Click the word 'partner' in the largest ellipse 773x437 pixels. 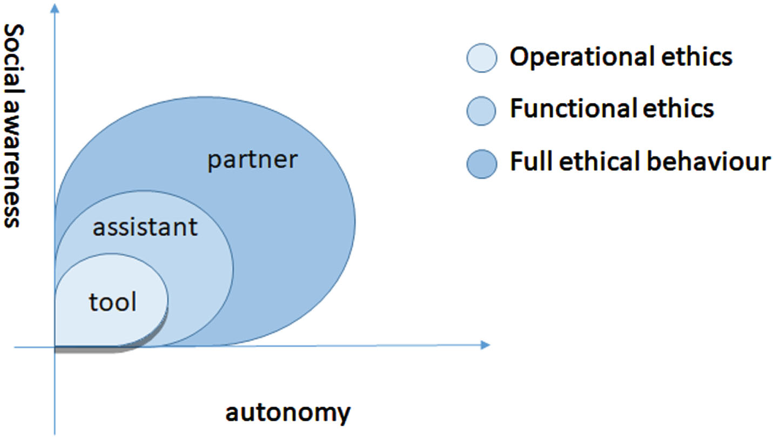tap(252, 161)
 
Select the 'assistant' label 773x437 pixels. tap(145, 227)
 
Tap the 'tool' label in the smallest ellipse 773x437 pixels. tap(113, 302)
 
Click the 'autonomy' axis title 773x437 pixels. tap(288, 413)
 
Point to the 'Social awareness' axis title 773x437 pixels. tap(14, 125)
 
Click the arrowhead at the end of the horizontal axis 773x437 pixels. tap(485, 345)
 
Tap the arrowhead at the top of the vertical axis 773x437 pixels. tap(55, 8)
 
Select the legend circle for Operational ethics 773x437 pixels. tap(482, 58)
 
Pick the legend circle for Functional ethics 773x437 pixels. tap(481, 110)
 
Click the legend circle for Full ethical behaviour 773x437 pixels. tap(482, 164)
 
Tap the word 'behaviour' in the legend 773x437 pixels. tap(709, 161)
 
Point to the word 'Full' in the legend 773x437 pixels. tap(532, 161)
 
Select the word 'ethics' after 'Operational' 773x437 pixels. tap(697, 56)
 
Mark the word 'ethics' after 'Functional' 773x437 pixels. tap(678, 109)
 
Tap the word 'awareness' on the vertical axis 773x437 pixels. tap(14, 164)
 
